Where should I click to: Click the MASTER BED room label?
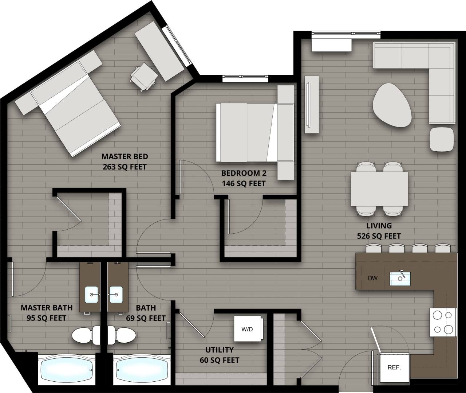click(x=125, y=156)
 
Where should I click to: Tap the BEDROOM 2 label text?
click(x=243, y=173)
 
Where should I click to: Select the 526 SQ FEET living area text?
click(x=379, y=236)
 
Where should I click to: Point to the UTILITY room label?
click(x=220, y=350)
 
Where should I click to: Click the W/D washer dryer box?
click(x=248, y=329)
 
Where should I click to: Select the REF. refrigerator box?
click(x=394, y=368)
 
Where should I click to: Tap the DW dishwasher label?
click(x=372, y=279)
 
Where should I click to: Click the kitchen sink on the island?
click(x=400, y=279)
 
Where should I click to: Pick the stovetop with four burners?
click(x=443, y=322)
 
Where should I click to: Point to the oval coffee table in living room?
click(x=391, y=105)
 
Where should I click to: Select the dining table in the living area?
click(x=379, y=189)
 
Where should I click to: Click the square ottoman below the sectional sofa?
click(x=442, y=139)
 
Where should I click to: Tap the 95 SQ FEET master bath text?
click(x=46, y=318)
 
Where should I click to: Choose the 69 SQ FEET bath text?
click(x=146, y=318)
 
